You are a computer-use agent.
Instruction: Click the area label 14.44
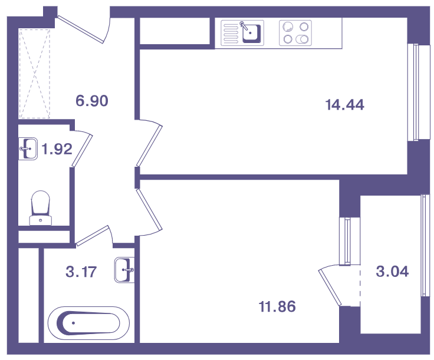344,105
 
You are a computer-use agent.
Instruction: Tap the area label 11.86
277,306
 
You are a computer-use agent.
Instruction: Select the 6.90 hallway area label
92,101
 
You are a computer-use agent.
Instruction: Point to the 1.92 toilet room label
57,149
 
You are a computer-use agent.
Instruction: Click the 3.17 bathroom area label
81,272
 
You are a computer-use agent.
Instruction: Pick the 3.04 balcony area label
392,272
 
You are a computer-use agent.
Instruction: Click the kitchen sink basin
252,33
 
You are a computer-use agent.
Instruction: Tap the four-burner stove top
295,33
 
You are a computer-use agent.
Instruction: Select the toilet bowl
41,207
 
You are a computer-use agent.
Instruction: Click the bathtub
88,323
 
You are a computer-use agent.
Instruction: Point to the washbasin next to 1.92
28,148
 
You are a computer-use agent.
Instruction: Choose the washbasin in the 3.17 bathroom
124,270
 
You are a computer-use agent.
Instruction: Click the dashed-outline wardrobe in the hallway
34,74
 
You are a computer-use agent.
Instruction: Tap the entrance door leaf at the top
81,29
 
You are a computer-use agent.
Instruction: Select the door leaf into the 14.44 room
149,146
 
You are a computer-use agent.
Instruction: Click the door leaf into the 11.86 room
149,209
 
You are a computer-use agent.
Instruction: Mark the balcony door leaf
330,288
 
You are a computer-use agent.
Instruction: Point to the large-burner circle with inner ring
288,27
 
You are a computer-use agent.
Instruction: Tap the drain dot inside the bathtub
73,323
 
